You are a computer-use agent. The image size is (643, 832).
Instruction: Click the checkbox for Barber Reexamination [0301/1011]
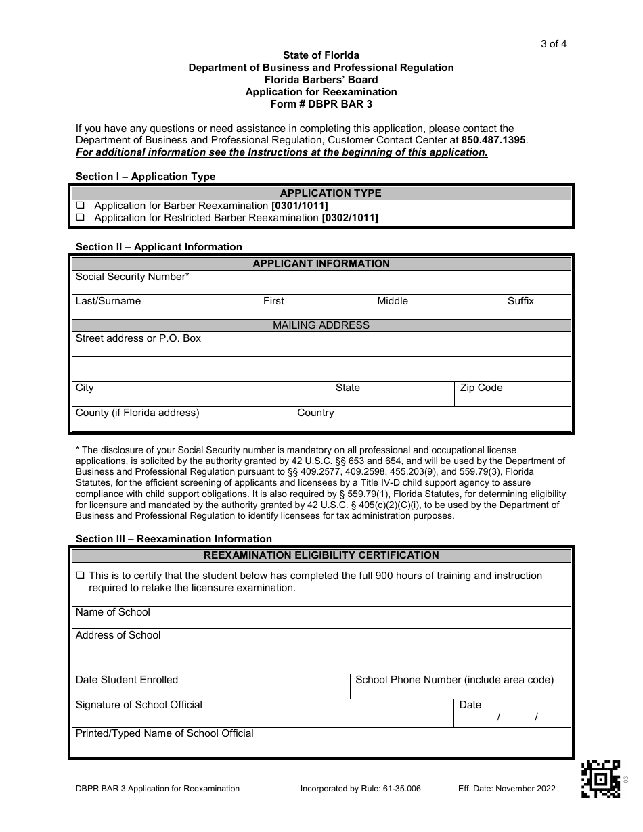(80, 206)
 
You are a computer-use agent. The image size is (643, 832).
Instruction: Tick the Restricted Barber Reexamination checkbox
(80, 218)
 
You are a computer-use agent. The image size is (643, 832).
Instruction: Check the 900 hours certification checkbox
(80, 576)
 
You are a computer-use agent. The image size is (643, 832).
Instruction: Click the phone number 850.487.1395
(493, 140)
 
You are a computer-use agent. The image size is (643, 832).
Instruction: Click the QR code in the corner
(600, 779)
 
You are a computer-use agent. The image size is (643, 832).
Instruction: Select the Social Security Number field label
(132, 277)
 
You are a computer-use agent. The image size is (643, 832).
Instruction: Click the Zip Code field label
(481, 388)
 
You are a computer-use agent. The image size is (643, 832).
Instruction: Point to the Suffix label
(520, 301)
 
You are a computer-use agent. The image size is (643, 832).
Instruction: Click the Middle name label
(393, 301)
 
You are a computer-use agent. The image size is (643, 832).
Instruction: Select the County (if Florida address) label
(137, 413)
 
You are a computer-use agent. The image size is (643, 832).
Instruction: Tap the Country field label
(315, 413)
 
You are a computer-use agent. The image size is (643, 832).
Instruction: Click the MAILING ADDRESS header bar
(321, 325)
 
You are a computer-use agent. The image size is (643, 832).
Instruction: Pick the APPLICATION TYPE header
(321, 193)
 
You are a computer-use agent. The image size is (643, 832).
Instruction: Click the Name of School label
(113, 612)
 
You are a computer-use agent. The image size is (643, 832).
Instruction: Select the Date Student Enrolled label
(127, 680)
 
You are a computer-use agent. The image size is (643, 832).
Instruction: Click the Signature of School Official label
(139, 705)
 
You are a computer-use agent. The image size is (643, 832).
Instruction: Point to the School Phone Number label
(454, 680)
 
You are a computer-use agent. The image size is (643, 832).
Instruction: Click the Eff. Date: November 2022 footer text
(506, 789)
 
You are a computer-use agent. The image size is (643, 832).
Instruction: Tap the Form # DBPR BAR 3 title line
(321, 104)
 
